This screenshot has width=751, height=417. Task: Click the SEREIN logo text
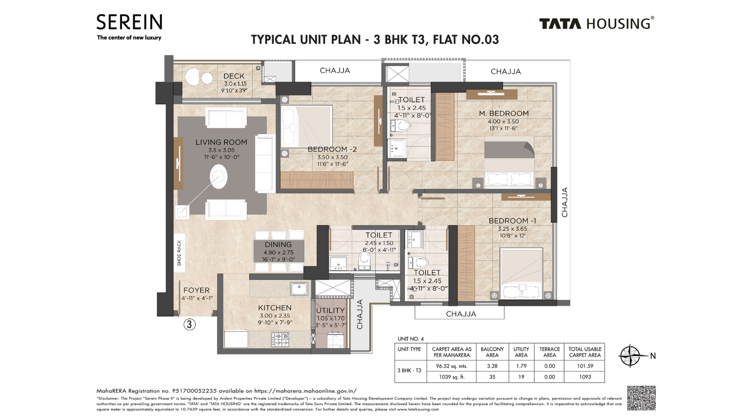129,22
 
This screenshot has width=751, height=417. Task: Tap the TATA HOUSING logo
596,23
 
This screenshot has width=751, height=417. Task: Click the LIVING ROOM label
221,142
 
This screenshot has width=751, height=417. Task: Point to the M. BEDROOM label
504,114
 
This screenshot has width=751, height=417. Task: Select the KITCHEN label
275,308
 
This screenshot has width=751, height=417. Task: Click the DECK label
234,76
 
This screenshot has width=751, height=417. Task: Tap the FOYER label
196,290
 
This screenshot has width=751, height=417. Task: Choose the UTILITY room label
330,311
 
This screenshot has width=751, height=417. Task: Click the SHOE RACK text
179,253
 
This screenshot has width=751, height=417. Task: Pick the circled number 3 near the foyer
189,324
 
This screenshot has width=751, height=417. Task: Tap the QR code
641,398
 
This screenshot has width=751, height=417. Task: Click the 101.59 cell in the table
584,366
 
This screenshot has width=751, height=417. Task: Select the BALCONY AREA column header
492,352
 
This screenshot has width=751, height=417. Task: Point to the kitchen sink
299,288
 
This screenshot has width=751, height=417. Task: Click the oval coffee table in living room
218,177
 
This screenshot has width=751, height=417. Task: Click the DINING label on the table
278,244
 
